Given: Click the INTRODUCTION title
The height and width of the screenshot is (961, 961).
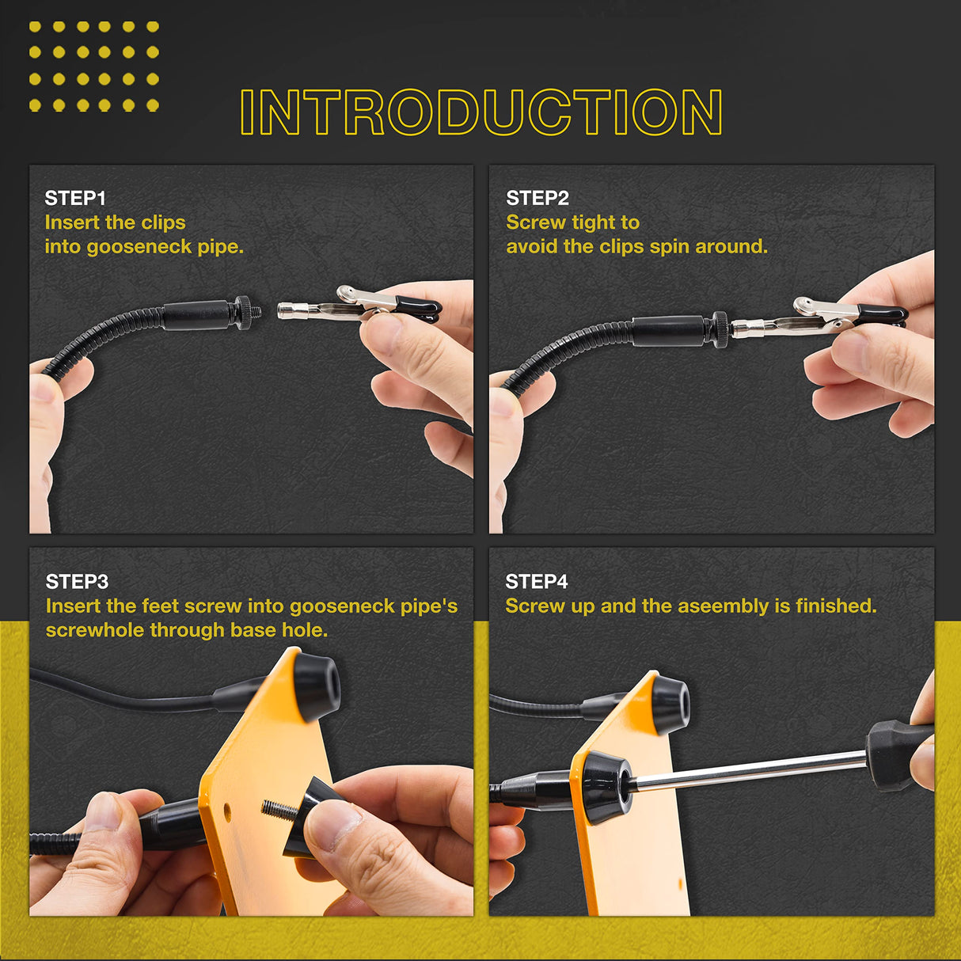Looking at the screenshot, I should coord(480,112).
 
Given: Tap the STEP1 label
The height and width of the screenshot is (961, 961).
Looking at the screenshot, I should coord(75,198).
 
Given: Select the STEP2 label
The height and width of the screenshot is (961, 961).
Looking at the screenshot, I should coord(537,198).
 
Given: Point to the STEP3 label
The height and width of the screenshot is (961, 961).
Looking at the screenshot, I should coord(77,582).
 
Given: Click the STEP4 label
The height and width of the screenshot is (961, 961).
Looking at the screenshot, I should coord(537,582).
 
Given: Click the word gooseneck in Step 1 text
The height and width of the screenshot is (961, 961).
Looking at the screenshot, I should coord(139,247).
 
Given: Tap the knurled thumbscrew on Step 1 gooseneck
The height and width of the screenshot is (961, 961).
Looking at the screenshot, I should coord(245,311).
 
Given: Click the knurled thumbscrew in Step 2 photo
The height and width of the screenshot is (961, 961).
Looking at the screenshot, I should coord(721,329).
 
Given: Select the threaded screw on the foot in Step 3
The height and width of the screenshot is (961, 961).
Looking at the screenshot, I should coord(278,810).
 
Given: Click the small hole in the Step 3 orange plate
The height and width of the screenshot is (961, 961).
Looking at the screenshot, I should coord(228,810).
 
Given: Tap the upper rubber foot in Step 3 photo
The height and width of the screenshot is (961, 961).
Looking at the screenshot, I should coord(317,686).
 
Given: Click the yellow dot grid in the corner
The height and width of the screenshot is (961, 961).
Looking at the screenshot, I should coord(93,66).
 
